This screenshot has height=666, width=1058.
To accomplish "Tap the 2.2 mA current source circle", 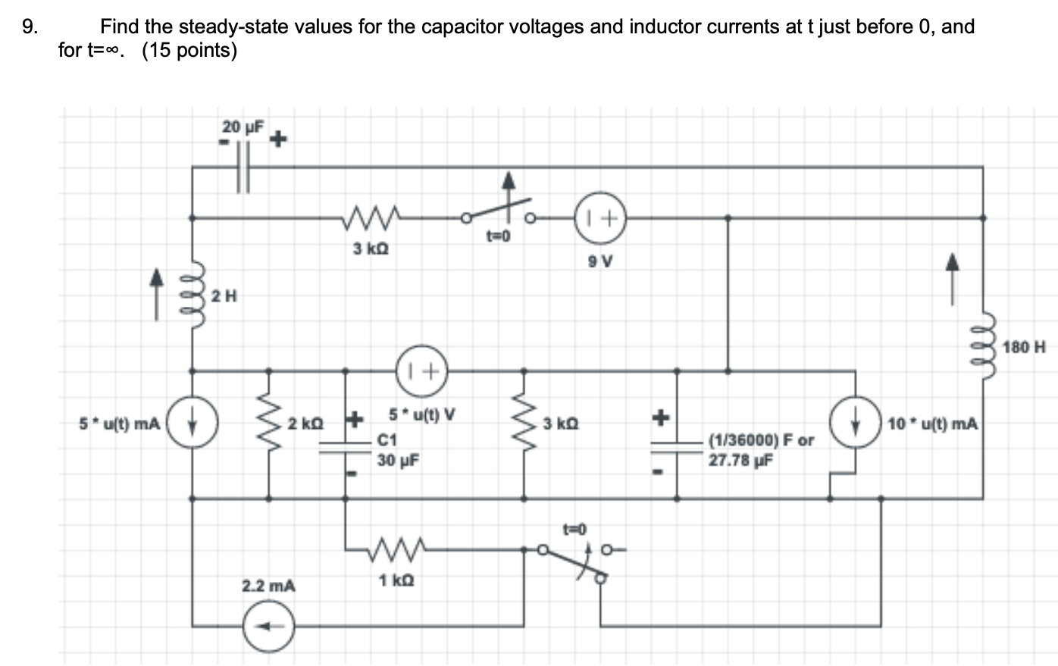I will click(268, 626).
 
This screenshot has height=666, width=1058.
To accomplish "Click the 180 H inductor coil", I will click(983, 348).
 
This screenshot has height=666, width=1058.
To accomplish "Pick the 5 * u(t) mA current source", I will click(193, 423).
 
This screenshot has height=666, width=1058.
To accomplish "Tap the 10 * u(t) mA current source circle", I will click(856, 423).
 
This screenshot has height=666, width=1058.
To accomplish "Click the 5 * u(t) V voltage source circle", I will click(421, 371).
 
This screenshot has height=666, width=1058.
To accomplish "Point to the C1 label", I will click(387, 439).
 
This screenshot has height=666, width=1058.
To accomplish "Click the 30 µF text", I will click(398, 460).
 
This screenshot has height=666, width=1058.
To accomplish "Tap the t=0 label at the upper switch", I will click(498, 236).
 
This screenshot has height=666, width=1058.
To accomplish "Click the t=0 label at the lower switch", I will click(574, 527).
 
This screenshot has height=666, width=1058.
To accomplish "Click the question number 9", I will click(29, 27).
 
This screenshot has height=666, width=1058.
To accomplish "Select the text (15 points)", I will click(189, 51).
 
